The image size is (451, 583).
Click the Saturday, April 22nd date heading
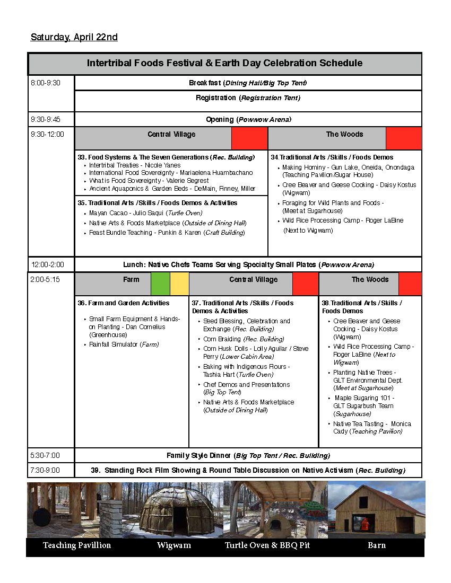click(x=74, y=37)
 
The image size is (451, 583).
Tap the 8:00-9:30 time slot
click(x=46, y=83)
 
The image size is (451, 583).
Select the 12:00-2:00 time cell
click(x=47, y=264)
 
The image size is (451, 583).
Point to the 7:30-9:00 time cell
click(x=46, y=470)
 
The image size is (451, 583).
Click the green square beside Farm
click(x=160, y=284)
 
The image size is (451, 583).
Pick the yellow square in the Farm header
click(x=179, y=284)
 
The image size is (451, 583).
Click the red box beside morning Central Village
click(x=249, y=138)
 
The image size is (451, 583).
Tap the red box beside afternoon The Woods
click(x=410, y=284)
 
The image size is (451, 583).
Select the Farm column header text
click(x=131, y=280)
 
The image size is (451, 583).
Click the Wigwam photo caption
click(x=174, y=545)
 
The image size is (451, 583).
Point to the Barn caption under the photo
click(x=377, y=545)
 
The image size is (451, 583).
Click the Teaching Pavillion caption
click(x=77, y=545)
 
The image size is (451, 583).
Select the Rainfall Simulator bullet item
click(x=124, y=344)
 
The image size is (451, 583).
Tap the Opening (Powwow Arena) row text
click(x=248, y=120)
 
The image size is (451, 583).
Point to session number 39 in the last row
click(x=96, y=470)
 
